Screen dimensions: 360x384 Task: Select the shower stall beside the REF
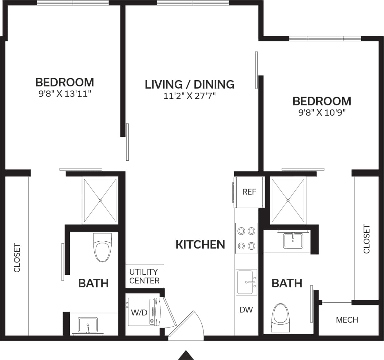288,201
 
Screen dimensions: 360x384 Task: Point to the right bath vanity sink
293,240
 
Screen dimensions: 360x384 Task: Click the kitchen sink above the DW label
246,282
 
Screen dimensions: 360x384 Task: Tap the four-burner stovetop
246,238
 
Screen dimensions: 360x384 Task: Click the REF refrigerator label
249,192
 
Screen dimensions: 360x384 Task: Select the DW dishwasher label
246,310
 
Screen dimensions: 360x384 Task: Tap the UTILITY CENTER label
144,276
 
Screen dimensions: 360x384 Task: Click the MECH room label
347,320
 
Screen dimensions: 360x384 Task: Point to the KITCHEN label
200,244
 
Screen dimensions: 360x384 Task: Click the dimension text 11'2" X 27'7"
189,96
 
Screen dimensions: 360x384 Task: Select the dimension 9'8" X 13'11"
65,94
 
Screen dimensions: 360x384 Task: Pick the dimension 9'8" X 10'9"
322,113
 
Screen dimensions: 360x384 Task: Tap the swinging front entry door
185,326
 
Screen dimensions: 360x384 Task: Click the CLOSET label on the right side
367,239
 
